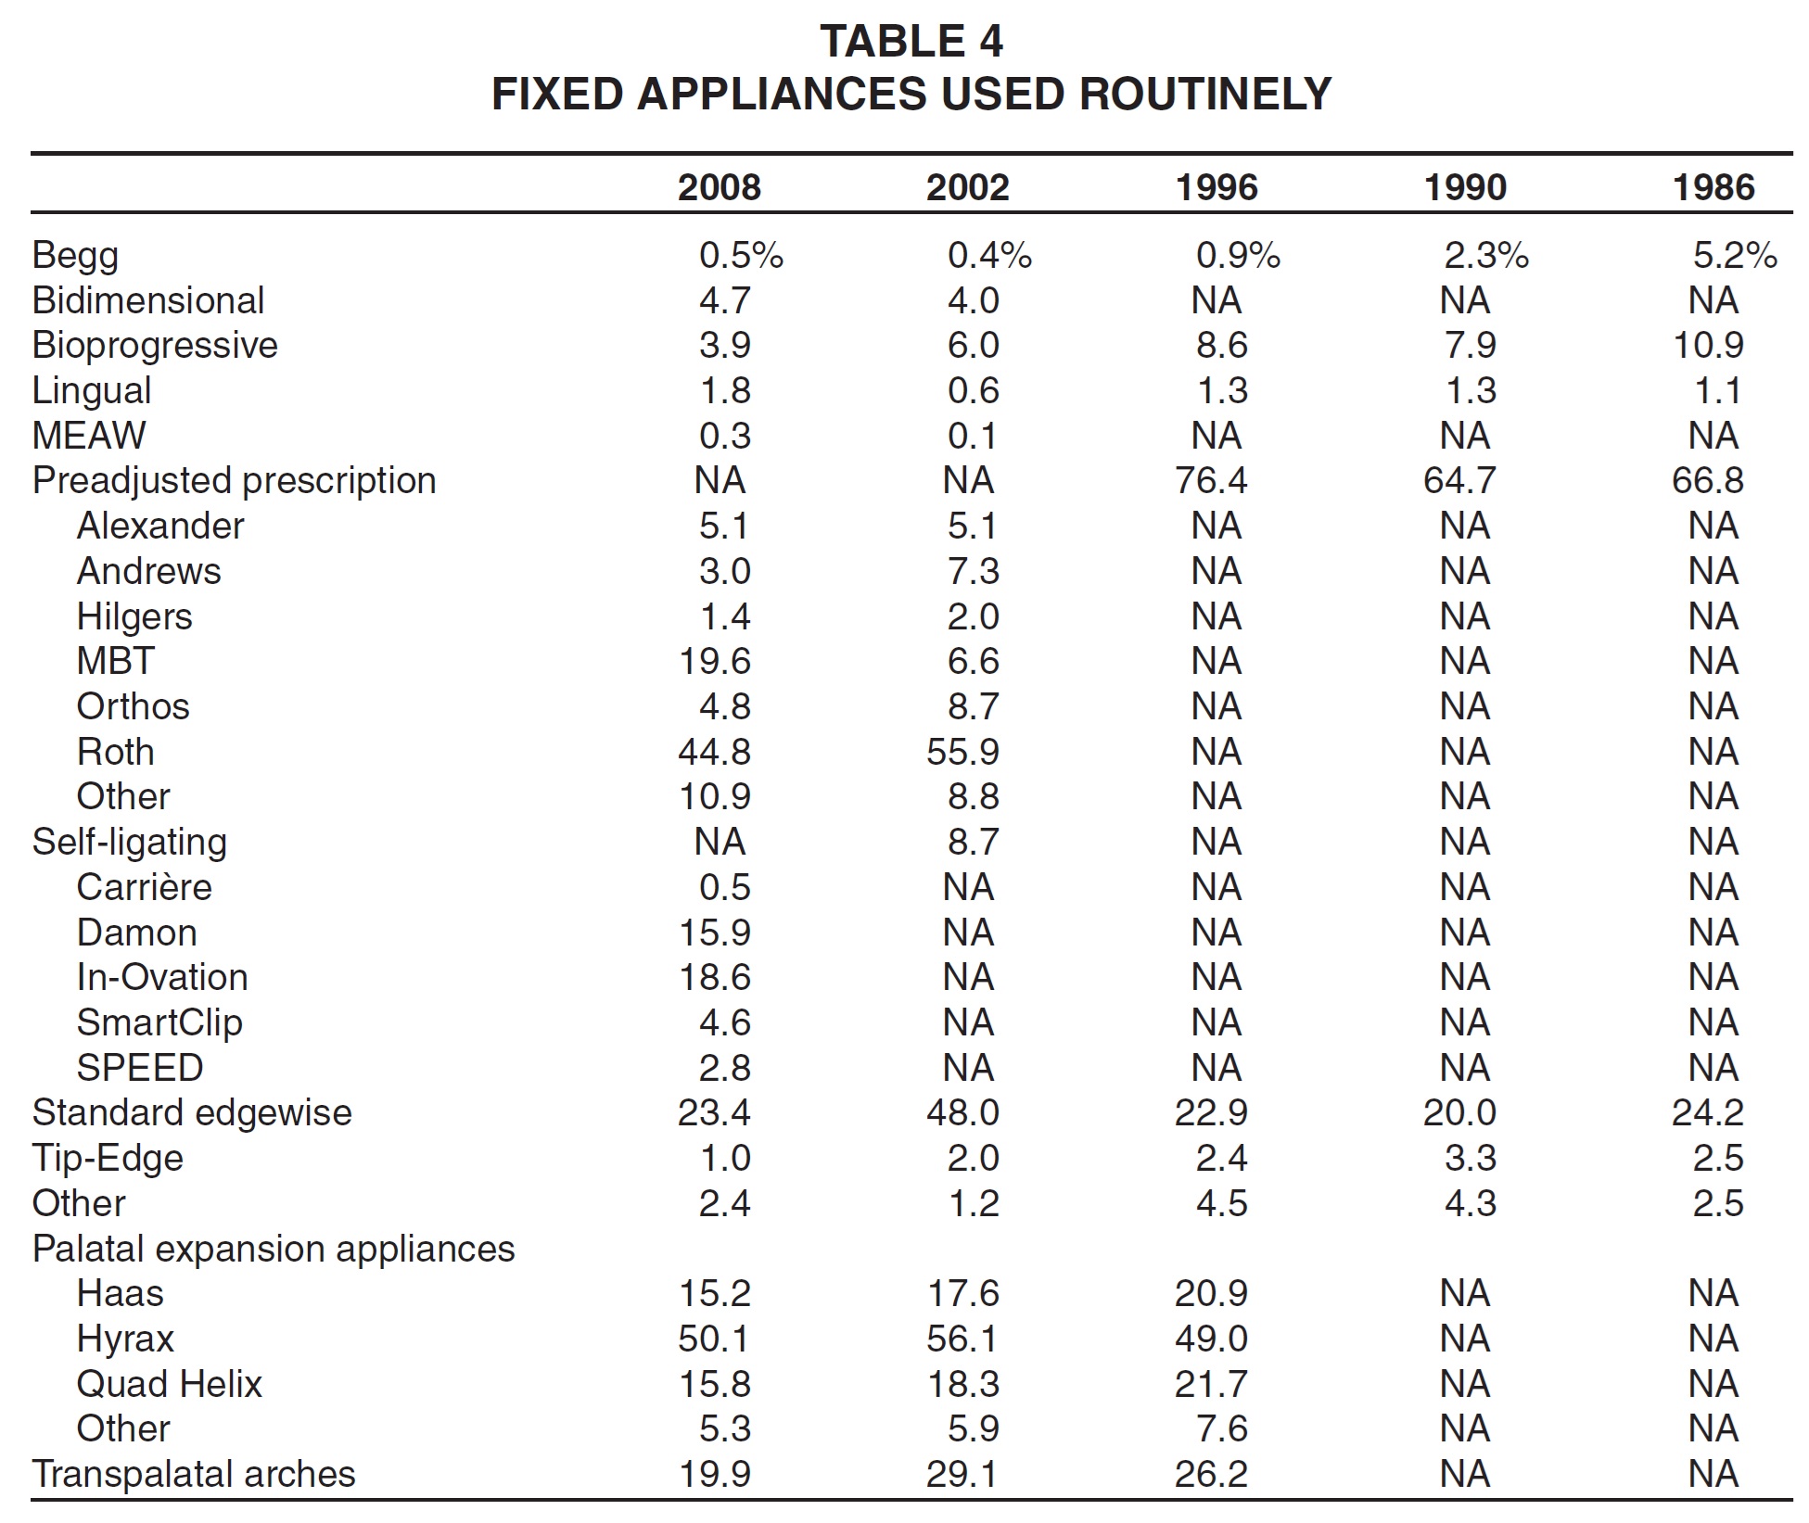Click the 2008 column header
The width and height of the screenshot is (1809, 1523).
tap(719, 187)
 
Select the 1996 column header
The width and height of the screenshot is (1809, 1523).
tap(1217, 187)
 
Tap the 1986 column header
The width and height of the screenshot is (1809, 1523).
tap(1713, 187)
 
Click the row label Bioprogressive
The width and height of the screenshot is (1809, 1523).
tap(155, 346)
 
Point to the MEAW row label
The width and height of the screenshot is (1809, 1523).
tap(89, 436)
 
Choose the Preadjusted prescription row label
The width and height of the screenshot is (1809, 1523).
tap(234, 481)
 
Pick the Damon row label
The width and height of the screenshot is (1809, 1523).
tap(137, 933)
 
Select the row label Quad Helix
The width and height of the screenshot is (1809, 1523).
tap(170, 1384)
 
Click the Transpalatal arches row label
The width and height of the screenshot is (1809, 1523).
tap(194, 1474)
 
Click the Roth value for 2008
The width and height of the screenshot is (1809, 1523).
tap(714, 752)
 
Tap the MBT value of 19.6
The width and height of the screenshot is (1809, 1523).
tap(714, 662)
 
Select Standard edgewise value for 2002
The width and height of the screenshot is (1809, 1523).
tap(962, 1112)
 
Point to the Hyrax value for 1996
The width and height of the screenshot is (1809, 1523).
tap(1211, 1339)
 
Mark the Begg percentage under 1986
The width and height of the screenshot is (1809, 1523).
tap(1735, 255)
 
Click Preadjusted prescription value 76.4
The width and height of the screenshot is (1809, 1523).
tap(1211, 481)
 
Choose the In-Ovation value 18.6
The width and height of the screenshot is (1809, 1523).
tap(714, 977)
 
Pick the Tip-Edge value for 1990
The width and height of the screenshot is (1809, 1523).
tap(1471, 1158)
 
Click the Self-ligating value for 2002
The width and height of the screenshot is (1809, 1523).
tap(974, 842)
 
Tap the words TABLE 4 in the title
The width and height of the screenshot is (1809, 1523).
tap(911, 42)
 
